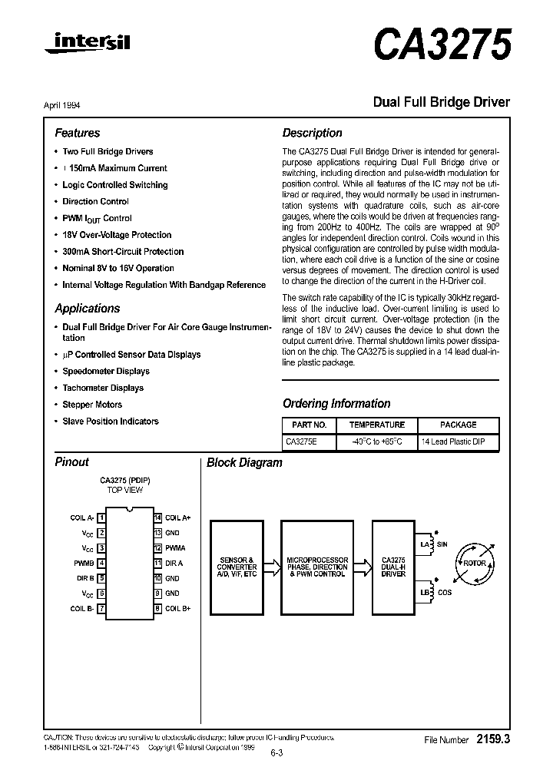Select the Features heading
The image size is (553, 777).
[x=77, y=133]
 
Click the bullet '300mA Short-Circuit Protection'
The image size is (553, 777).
[x=123, y=252]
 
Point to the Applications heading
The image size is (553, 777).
[x=87, y=309]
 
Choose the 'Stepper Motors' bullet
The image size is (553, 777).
[x=92, y=405]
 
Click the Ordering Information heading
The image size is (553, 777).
[x=336, y=404]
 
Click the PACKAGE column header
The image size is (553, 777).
[x=458, y=425]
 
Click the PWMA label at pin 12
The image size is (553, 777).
[x=175, y=548]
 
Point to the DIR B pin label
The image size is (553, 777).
[x=84, y=578]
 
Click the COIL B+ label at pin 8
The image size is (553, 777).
[x=177, y=608]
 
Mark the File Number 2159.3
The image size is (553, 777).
[x=467, y=739]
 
